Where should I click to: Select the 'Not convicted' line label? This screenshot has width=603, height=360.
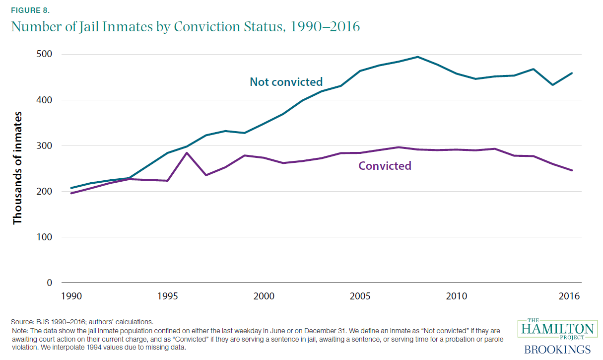[286, 82]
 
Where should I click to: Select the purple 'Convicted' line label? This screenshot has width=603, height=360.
[385, 166]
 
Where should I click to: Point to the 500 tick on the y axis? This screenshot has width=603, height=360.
[44, 54]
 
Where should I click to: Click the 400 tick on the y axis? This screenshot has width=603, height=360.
[44, 100]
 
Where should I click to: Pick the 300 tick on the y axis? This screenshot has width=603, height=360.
[44, 145]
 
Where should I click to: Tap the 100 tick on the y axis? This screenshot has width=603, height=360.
[44, 237]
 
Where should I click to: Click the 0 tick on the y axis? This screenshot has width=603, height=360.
[49, 283]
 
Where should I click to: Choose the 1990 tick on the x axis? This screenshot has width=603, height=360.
[71, 296]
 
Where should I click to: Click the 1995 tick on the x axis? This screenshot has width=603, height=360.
[167, 296]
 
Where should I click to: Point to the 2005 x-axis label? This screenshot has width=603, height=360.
[360, 296]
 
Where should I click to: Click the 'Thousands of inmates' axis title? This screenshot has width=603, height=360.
[18, 168]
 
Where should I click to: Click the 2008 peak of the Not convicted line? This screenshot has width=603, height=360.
[417, 57]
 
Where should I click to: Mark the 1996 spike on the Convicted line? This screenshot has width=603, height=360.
[187, 152]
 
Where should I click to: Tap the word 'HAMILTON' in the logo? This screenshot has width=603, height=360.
[555, 329]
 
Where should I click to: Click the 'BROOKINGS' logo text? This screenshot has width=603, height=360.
[557, 349]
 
